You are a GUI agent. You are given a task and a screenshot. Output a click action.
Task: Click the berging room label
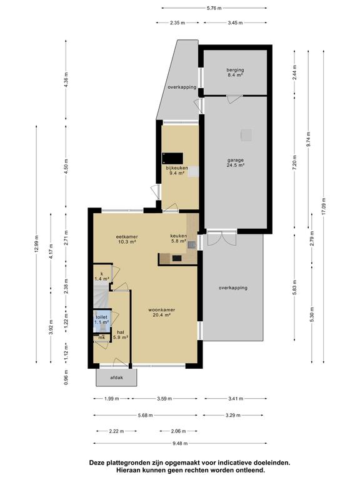tap(235, 72)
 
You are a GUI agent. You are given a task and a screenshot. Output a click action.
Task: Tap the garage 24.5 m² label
tap(235, 162)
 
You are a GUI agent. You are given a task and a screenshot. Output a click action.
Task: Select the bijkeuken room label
tap(177, 171)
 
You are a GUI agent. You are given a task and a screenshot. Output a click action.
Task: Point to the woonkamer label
tap(162, 312)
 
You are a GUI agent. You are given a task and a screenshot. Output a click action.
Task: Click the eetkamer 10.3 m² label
tap(126, 239)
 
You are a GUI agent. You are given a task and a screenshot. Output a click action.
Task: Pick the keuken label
tap(179, 239)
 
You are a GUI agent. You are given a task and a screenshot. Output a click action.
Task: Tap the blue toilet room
tap(102, 321)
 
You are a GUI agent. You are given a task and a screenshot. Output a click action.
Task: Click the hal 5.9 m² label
tap(120, 334)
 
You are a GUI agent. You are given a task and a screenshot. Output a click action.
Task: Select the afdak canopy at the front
tap(116, 377)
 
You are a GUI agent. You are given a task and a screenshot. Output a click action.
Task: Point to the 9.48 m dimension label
tap(180, 443)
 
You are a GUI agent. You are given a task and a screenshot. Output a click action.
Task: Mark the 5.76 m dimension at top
tap(214, 8)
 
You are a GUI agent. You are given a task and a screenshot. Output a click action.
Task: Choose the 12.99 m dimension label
tap(36, 244)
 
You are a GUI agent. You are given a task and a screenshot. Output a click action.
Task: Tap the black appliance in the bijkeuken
tap(172, 159)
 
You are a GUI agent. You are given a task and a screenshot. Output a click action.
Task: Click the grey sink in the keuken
tap(192, 245)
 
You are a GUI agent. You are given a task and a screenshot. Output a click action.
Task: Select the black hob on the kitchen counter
tap(177, 258)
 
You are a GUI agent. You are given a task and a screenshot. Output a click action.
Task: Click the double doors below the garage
tap(222, 239)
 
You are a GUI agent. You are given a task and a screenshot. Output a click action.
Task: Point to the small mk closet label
tap(102, 337)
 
